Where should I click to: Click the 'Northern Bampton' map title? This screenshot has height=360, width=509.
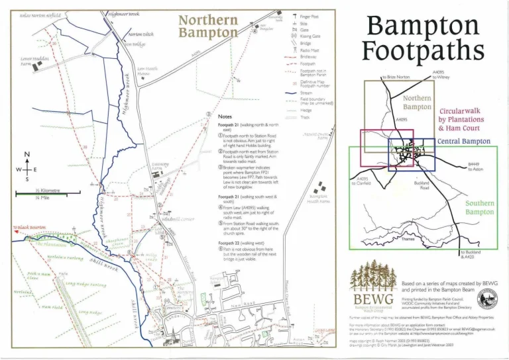pyautogui.click(x=207, y=26)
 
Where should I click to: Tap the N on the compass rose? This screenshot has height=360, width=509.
pyautogui.click(x=27, y=156)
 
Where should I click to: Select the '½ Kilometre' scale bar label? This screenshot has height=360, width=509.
pyautogui.click(x=47, y=190)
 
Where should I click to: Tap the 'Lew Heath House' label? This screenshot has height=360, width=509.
pyautogui.click(x=147, y=71)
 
